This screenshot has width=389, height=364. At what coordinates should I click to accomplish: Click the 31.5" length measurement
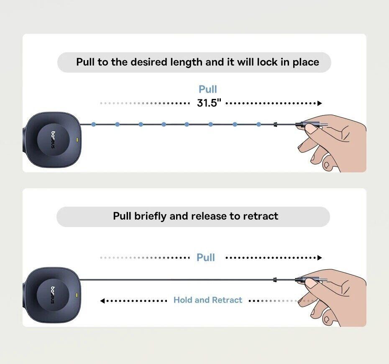(209, 103)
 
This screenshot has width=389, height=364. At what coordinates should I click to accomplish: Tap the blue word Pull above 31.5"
(207, 89)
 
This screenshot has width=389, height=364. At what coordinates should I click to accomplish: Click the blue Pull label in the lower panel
(206, 258)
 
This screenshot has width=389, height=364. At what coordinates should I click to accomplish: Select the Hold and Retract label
(207, 300)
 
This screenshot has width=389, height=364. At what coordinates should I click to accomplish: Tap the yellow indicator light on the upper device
(77, 140)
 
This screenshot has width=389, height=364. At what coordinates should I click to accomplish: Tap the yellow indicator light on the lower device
(77, 295)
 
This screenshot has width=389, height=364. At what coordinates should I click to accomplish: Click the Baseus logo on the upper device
(53, 140)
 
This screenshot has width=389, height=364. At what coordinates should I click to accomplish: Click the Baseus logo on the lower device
(53, 295)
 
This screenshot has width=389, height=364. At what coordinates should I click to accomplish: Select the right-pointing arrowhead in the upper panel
(320, 103)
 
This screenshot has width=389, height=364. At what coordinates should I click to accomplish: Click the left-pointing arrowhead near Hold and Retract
(102, 301)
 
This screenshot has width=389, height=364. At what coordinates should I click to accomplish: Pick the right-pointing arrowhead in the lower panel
(320, 258)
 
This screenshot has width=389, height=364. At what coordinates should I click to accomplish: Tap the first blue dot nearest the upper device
(94, 124)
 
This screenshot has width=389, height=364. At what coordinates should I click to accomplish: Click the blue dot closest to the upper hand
(258, 124)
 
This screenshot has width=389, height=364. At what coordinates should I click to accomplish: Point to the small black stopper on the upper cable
(275, 124)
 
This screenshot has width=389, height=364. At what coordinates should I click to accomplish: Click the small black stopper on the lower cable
(275, 280)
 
